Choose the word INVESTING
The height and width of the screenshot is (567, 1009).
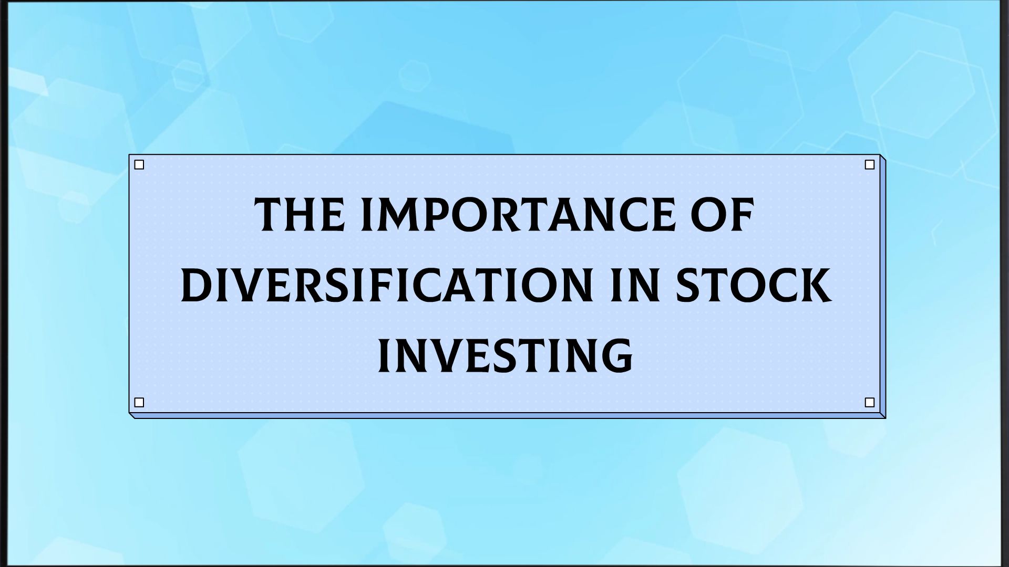[505, 356]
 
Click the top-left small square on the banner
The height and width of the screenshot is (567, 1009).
[139, 165]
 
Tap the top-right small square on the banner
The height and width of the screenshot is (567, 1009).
[869, 165]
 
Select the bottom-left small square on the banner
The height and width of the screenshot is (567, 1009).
[139, 403]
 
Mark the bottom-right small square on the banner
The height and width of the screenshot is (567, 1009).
[869, 403]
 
